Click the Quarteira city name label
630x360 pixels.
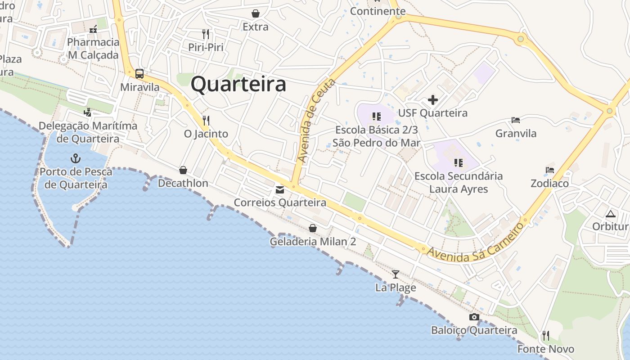(238, 85)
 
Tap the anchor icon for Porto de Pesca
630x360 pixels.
(75, 158)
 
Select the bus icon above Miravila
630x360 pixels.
(139, 74)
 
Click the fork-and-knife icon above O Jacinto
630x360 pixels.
(206, 120)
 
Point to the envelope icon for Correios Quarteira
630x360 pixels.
(280, 190)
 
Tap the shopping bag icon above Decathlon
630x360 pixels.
(183, 170)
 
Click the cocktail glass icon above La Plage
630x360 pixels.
(396, 274)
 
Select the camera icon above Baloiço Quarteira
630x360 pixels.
(474, 317)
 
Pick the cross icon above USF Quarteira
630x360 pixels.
(433, 100)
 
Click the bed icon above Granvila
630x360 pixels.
(516, 120)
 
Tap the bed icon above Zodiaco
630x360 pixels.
(549, 170)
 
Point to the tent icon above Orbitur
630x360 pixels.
(610, 214)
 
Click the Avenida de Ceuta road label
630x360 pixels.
(317, 121)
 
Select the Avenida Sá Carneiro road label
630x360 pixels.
(476, 243)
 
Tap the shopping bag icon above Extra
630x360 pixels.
(256, 14)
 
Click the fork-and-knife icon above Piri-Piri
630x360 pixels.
(206, 34)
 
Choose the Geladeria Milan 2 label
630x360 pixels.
(313, 242)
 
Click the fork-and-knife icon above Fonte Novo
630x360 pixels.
(546, 336)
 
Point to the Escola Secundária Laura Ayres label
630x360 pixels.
(459, 182)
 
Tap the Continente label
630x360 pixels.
(378, 11)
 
